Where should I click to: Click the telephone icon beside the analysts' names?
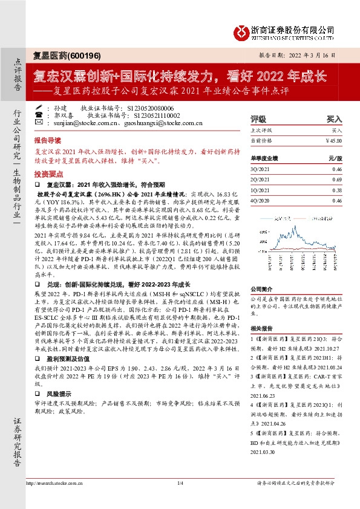(38, 114)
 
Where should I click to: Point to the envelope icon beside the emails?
(38, 123)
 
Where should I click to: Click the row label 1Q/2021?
(260, 190)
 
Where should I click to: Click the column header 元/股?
(335, 158)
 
